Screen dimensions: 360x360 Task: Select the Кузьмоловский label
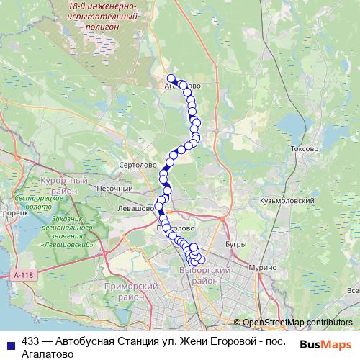288,201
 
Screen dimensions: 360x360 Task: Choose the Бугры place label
235,245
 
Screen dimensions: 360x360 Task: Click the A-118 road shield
24,274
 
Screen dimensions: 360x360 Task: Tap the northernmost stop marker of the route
171,78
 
